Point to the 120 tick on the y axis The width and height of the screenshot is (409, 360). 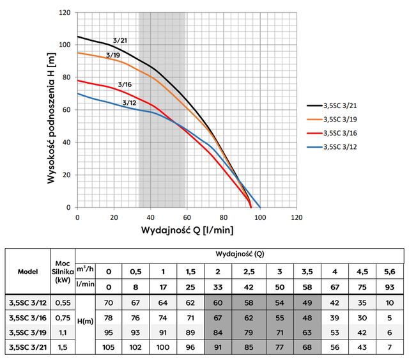pos(65,13)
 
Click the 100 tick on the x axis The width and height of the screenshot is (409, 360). pos(260,216)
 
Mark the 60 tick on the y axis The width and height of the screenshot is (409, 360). pos(67,110)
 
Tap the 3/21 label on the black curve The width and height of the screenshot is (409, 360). pos(119,41)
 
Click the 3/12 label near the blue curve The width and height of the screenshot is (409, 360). pos(128,102)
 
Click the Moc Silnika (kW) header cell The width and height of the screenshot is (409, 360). pos(62,270)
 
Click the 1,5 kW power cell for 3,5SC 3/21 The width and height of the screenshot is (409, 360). pos(62,347)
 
